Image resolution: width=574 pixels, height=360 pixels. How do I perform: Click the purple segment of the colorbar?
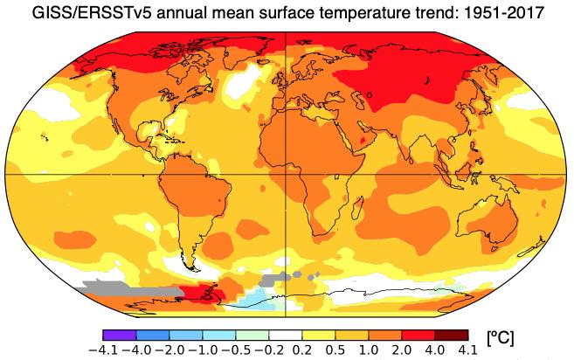point(119,335)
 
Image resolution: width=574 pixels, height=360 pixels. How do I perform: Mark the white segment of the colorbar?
point(284,335)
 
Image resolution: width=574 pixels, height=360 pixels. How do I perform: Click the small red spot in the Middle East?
point(363,140)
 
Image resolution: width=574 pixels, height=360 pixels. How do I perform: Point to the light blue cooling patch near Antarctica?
point(253,301)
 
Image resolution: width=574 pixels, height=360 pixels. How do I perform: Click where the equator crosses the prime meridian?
point(287,174)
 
